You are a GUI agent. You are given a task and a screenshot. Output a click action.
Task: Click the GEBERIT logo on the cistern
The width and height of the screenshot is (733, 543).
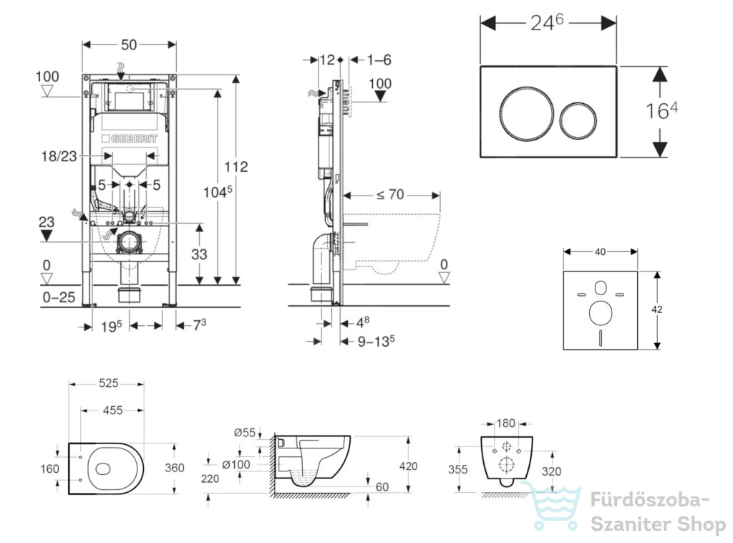(130, 138)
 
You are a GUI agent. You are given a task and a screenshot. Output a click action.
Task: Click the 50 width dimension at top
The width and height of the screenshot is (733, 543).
(129, 45)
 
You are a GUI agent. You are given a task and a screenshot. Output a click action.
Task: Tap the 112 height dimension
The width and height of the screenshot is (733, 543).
(236, 166)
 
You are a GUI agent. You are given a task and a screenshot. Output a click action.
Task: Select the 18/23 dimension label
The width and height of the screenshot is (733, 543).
(59, 156)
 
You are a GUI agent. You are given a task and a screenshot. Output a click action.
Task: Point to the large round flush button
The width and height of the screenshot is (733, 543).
(527, 113)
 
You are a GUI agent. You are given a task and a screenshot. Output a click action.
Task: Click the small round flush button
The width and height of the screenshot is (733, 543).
(578, 120)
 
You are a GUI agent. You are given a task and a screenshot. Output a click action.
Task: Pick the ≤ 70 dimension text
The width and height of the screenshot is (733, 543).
(390, 195)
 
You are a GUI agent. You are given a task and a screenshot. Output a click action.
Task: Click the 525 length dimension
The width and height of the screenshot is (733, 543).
(109, 383)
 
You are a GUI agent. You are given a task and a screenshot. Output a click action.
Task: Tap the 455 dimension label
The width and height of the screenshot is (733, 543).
(112, 410)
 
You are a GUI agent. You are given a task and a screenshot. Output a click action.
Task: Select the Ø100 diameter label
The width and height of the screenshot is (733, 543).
(236, 464)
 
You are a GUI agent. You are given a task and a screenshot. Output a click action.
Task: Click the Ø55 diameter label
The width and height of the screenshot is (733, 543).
(245, 433)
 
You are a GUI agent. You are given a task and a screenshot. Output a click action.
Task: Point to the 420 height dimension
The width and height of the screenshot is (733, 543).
(408, 466)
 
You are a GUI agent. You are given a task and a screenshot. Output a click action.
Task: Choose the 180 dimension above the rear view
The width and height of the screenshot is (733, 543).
(505, 423)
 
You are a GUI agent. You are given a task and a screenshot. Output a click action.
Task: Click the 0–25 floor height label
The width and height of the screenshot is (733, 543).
(59, 297)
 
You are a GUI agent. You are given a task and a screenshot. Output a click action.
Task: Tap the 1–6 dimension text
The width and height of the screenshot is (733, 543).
(379, 60)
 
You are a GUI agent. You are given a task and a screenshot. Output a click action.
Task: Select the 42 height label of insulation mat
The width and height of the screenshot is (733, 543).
(656, 309)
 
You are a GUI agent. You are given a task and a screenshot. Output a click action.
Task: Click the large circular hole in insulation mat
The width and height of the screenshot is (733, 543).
(601, 313)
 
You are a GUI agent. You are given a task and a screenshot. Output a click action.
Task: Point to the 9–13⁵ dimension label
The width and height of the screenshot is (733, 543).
(376, 341)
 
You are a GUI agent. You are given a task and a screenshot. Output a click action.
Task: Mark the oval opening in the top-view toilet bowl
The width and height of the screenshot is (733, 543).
(103, 468)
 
